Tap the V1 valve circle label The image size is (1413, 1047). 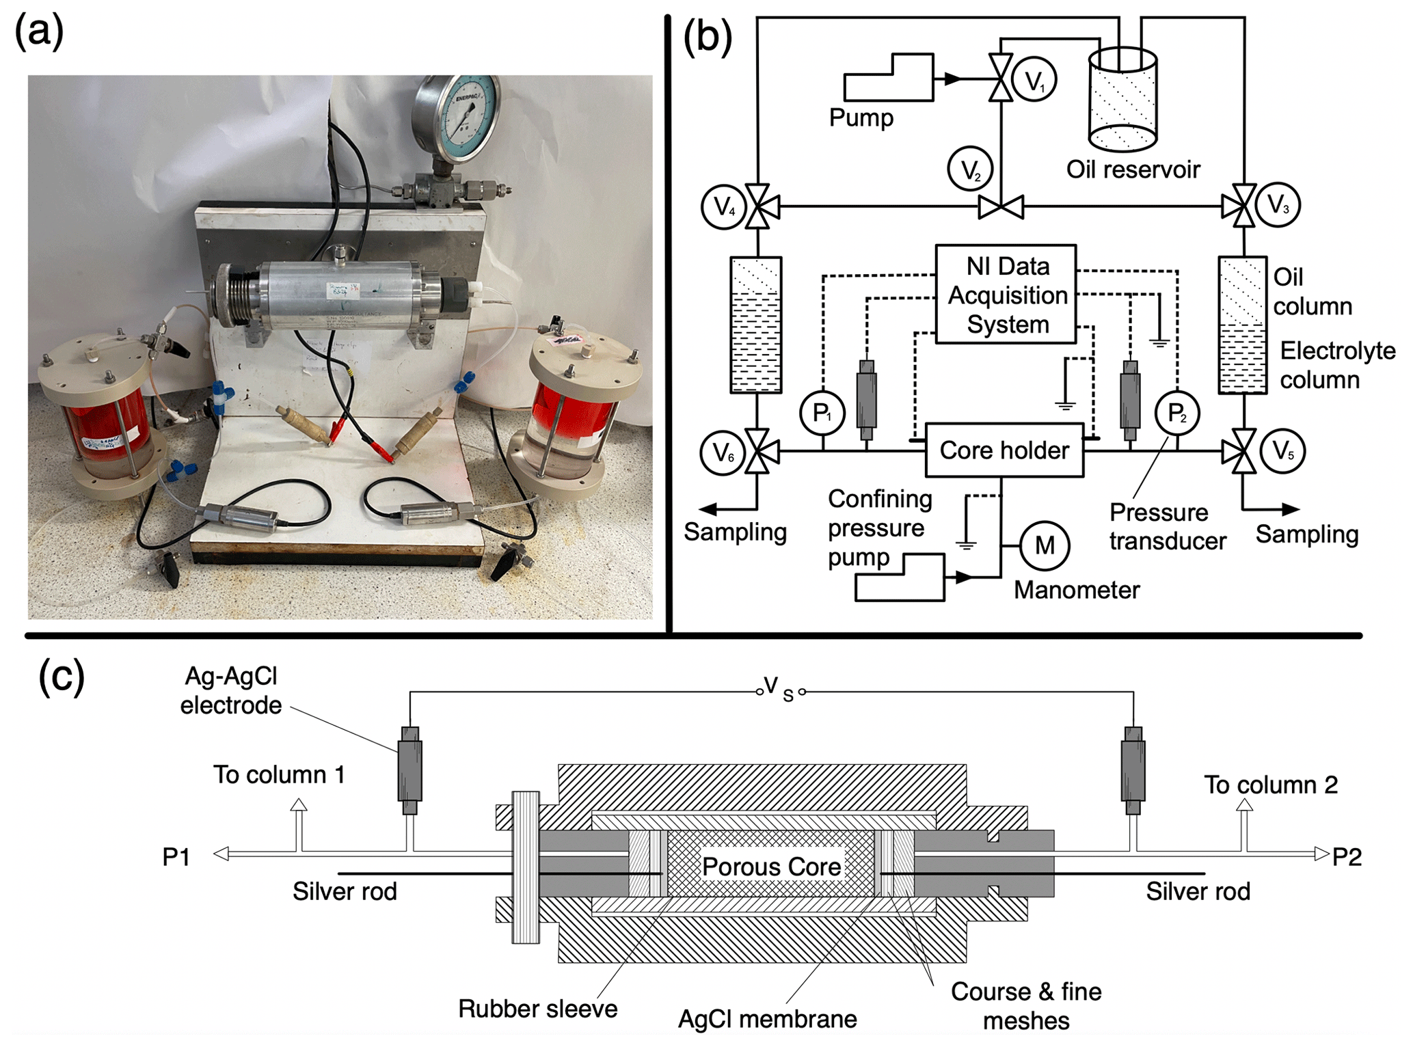pos(1034,80)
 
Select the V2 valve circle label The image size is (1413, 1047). pos(970,169)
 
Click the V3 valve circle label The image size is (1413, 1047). pos(1277,205)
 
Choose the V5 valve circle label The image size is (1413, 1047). pos(1282,451)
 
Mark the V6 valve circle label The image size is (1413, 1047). pos(723,452)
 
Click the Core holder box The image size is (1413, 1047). pos(1004,450)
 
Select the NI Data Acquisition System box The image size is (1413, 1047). pos(1006,295)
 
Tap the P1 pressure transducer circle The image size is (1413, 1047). pos(822,413)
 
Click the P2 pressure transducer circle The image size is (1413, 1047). pos(1177,413)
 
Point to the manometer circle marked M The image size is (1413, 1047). pos(1045,545)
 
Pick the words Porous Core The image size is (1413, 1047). pos(771,867)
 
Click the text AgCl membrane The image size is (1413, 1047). pos(767,1019)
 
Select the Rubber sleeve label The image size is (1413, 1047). pos(537,1009)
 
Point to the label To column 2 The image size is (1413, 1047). pos(1270,785)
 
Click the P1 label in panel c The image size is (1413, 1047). pos(176,857)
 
